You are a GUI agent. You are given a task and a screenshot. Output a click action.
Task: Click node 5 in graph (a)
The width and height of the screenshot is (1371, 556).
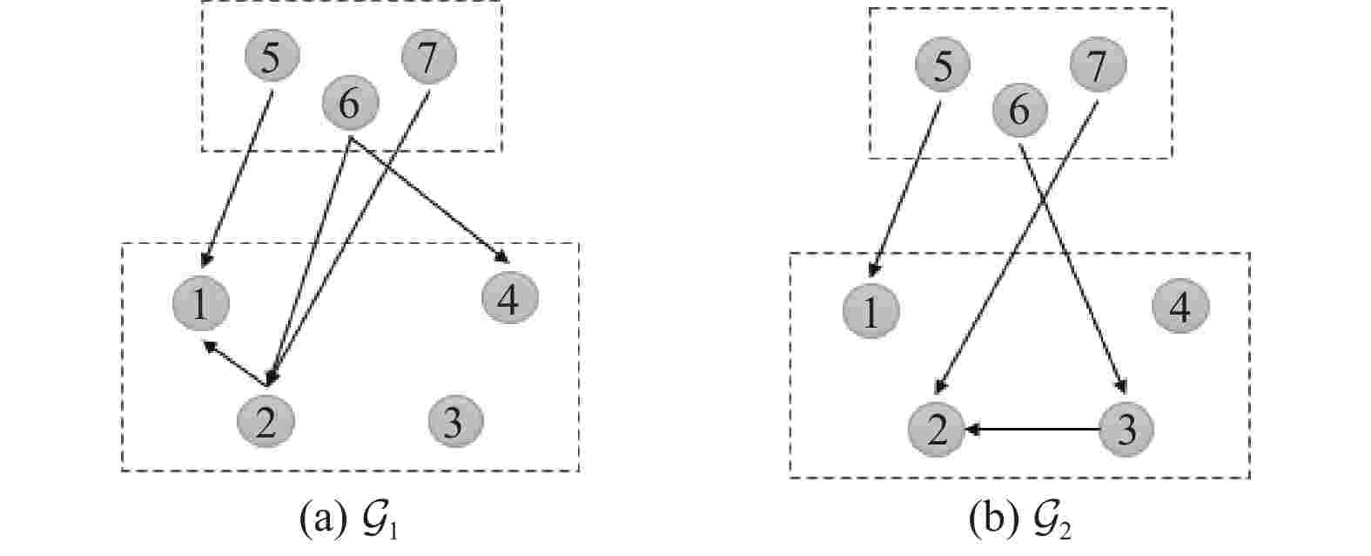(x=271, y=58)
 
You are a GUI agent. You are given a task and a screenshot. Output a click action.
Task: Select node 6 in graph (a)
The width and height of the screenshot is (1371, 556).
(x=350, y=105)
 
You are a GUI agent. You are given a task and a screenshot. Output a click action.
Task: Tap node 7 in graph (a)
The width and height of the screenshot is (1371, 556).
(x=428, y=58)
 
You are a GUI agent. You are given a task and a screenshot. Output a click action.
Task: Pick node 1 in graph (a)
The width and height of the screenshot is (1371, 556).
(x=200, y=304)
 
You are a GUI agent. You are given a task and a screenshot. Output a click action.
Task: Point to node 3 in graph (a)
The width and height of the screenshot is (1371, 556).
(x=455, y=422)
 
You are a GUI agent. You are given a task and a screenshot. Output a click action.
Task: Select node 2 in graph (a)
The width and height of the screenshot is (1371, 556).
(x=265, y=422)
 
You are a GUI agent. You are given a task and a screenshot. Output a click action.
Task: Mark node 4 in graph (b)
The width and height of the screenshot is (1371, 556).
(x=1179, y=307)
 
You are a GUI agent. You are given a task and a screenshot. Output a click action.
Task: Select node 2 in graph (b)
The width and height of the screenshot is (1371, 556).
(x=936, y=430)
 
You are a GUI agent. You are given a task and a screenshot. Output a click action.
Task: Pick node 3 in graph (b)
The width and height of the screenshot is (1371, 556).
(x=1126, y=430)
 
